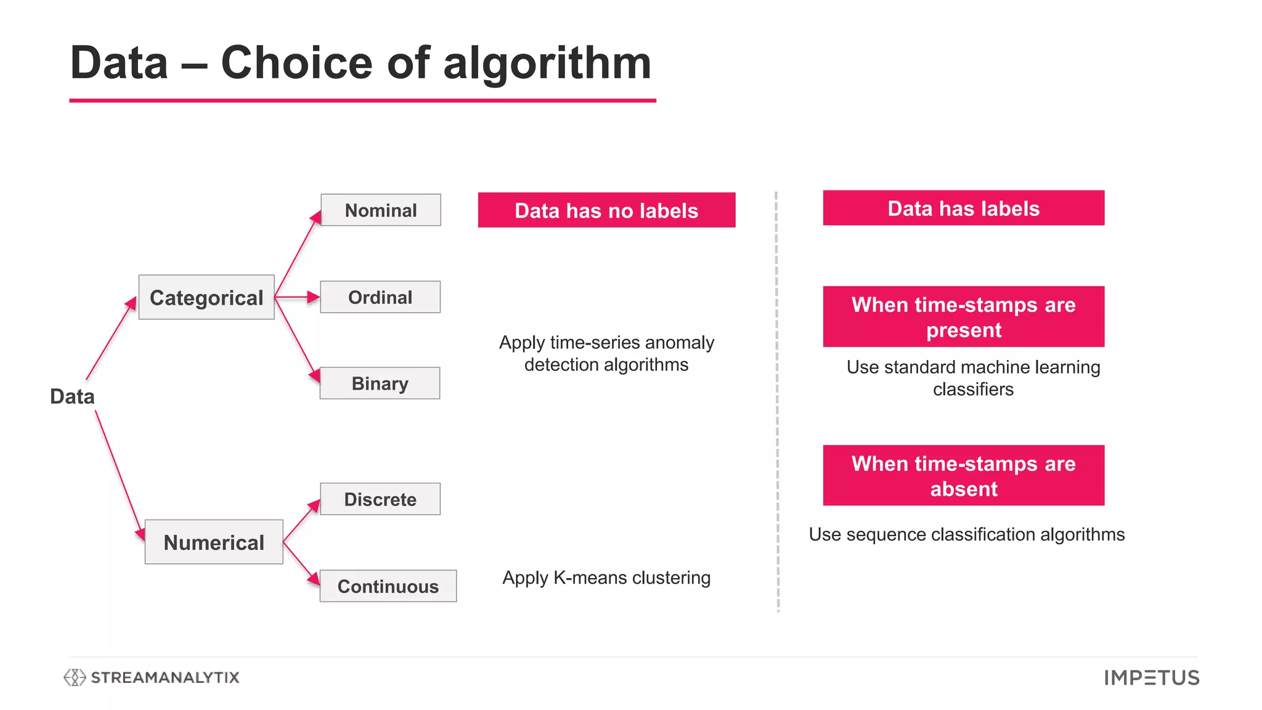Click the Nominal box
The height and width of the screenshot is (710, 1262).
[x=381, y=210]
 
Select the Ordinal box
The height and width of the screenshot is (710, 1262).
[x=380, y=297]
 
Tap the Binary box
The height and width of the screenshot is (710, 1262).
[x=380, y=383]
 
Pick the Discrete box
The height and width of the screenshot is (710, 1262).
[x=380, y=499]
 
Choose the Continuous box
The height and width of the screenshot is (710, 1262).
[x=388, y=586]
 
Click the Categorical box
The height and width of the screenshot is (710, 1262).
[x=206, y=298]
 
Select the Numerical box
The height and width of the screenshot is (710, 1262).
[x=214, y=542]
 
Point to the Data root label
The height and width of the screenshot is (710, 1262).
[x=72, y=396]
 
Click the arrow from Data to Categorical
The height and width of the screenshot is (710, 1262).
[x=111, y=338]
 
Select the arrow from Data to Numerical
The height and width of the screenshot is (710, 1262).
[x=120, y=475]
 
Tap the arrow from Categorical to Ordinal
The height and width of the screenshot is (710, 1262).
[x=297, y=297]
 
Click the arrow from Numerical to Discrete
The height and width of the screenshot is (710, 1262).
[x=301, y=521]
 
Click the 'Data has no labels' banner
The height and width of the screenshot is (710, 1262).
[x=606, y=210]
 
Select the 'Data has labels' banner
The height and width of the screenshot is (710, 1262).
[x=963, y=208]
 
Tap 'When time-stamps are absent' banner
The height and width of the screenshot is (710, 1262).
[x=963, y=476]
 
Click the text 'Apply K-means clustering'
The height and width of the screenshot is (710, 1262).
[x=606, y=578]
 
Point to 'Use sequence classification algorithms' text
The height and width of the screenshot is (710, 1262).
[x=966, y=534]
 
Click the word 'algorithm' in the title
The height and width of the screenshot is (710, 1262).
[x=547, y=63]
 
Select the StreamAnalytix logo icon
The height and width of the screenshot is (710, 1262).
[x=75, y=677]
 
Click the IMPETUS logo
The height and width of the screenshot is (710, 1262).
[x=1151, y=678]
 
